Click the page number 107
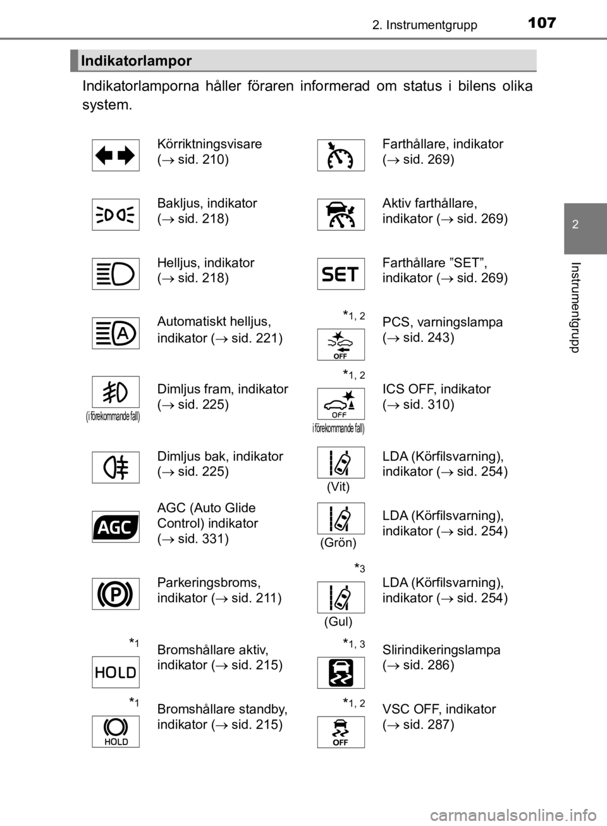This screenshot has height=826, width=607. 542,23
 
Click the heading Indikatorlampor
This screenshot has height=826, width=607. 136,61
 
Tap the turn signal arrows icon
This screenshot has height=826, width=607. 116,155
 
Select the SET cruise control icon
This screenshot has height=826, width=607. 341,274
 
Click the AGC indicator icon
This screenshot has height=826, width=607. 116,527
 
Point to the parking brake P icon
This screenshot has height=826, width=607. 116,594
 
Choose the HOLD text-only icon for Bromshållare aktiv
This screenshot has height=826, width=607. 116,672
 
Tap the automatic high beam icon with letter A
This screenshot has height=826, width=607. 116,333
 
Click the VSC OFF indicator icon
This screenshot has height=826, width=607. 341,732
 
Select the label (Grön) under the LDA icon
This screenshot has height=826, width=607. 338,543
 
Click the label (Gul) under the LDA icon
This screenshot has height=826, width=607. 338,621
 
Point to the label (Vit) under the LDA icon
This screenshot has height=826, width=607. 338,487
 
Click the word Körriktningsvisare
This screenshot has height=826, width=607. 209,144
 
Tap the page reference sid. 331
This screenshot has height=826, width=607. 203,539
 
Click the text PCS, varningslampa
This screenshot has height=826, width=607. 442,323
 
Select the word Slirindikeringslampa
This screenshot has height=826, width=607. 441,650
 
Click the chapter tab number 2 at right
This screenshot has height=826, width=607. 575,224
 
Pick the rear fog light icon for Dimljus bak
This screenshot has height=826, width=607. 116,467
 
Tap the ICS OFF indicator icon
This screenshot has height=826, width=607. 341,404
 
